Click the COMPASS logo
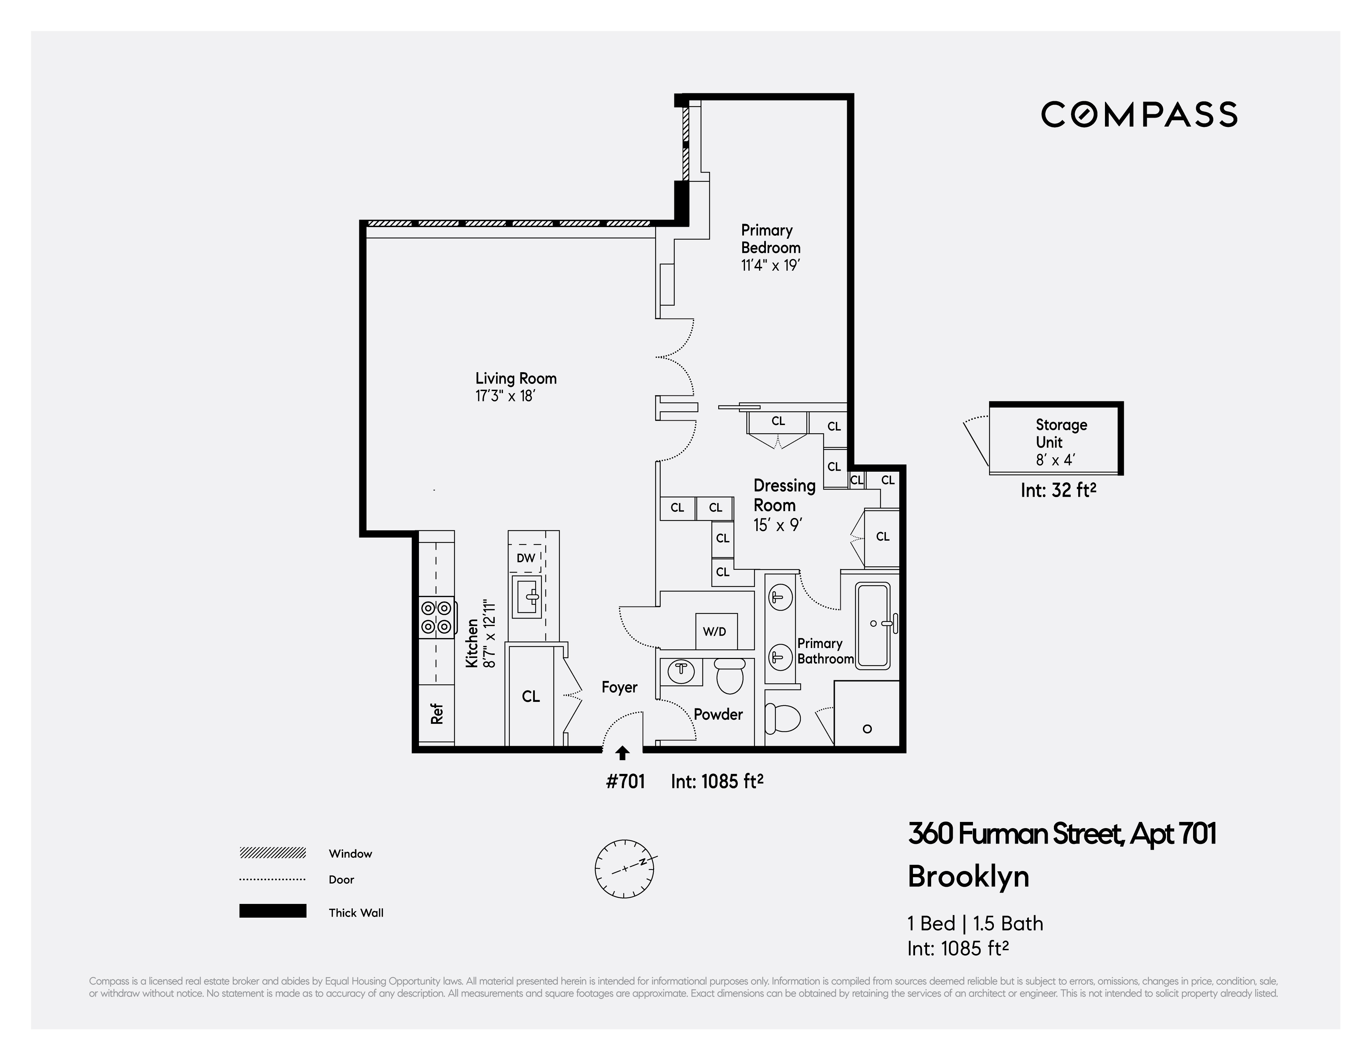tap(1139, 115)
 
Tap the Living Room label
tap(515, 379)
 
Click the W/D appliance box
tap(715, 631)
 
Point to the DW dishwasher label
tap(526, 558)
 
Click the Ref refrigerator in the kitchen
tap(437, 714)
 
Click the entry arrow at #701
tap(622, 753)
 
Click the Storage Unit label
tap(1061, 433)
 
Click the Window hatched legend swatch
tap(273, 853)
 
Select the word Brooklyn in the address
tap(968, 876)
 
